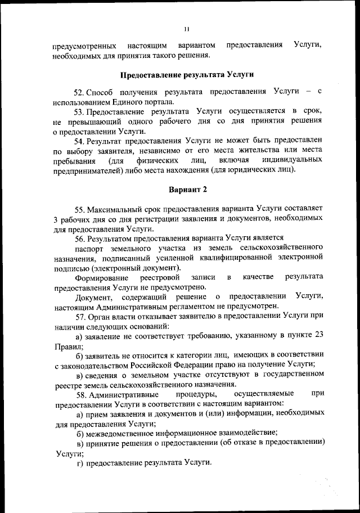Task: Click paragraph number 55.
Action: click(x=80, y=209)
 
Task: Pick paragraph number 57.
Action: click(x=80, y=316)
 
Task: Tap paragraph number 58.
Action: click(x=80, y=393)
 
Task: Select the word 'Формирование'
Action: click(x=101, y=277)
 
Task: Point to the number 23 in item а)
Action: click(x=318, y=335)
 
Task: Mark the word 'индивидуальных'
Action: click(x=294, y=160)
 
